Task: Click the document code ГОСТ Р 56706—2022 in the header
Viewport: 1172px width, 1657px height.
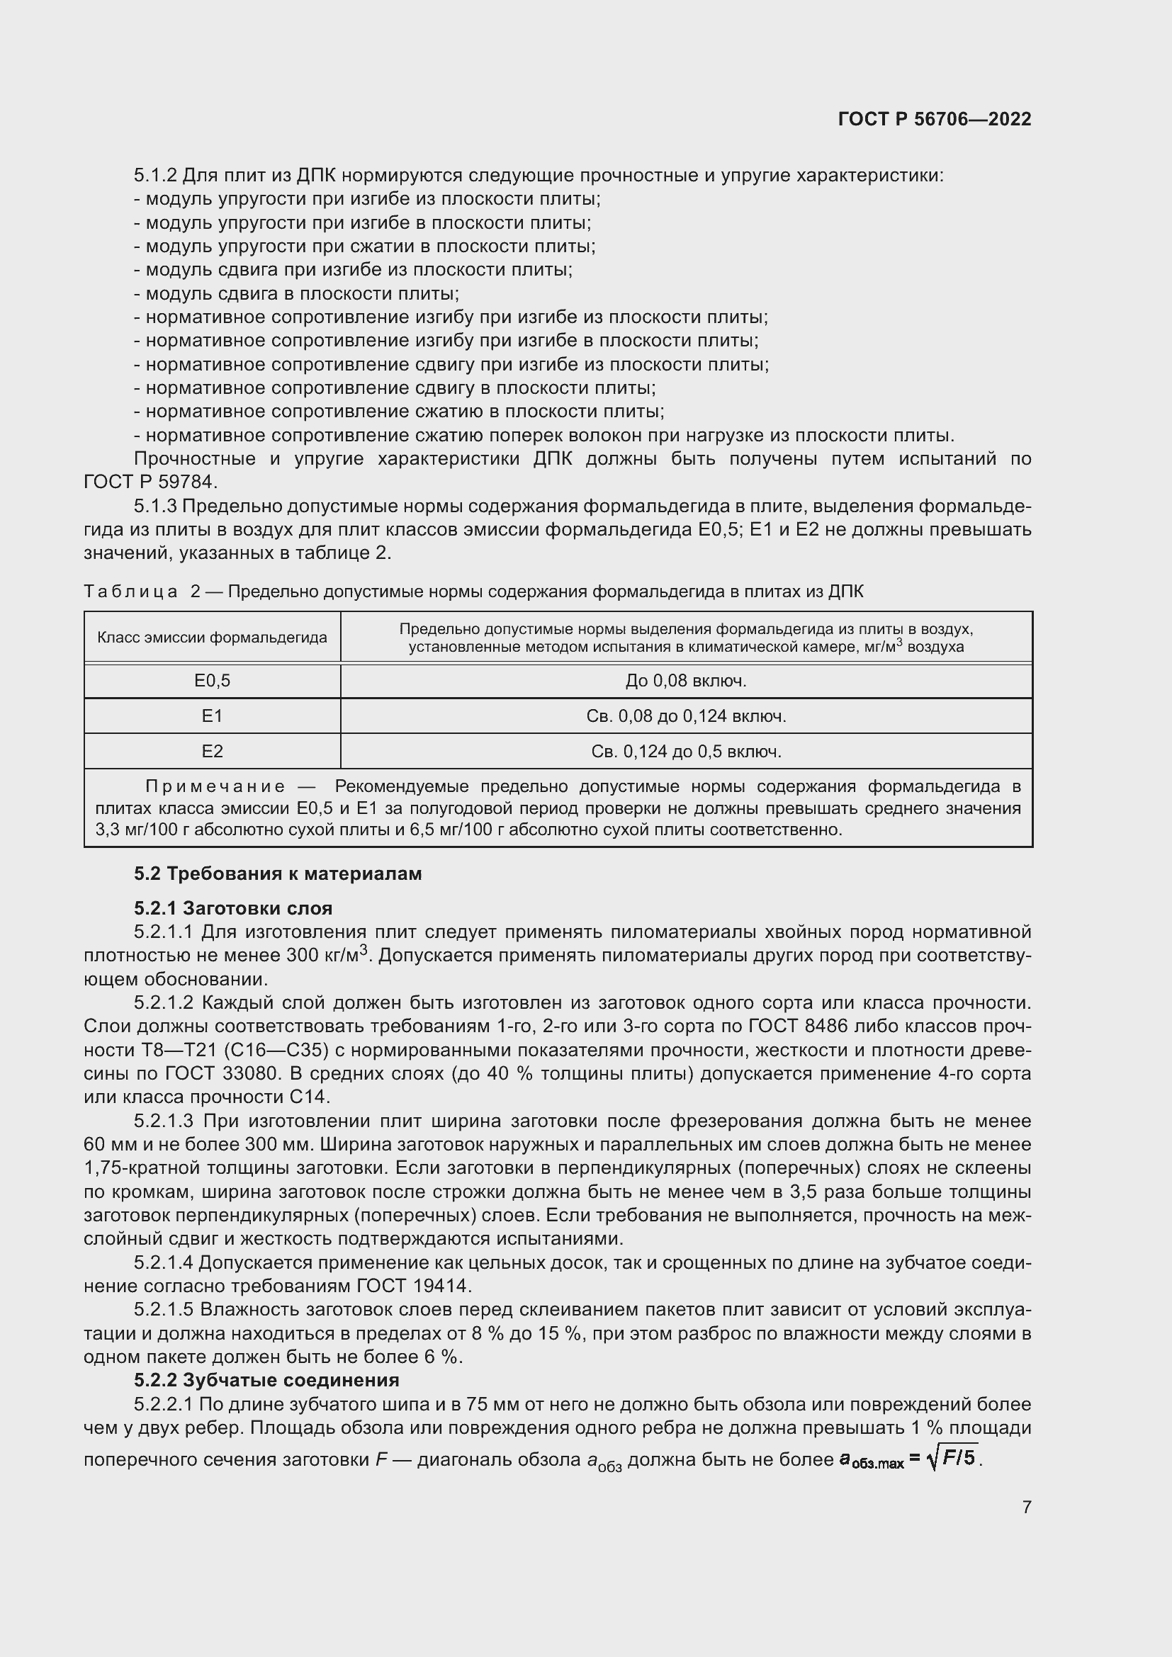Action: pyautogui.click(x=935, y=119)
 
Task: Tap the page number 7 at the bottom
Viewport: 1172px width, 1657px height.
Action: pyautogui.click(x=1026, y=1507)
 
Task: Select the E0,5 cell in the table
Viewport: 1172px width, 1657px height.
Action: pyautogui.click(x=212, y=681)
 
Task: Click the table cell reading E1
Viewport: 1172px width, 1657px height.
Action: pyautogui.click(x=212, y=716)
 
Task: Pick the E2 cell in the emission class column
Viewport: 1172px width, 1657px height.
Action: pyautogui.click(x=212, y=751)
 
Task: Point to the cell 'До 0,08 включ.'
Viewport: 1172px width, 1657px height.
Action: pyautogui.click(x=686, y=681)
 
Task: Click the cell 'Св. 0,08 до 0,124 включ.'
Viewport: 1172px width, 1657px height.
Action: pyautogui.click(x=686, y=716)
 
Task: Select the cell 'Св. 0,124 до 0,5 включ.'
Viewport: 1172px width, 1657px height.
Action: pyautogui.click(x=686, y=751)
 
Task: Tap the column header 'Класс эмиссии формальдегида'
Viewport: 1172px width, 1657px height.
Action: pyautogui.click(x=212, y=638)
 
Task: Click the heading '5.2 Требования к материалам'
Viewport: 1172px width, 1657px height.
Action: pyautogui.click(x=278, y=874)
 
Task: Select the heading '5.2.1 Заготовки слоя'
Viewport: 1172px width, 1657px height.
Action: pyautogui.click(x=233, y=908)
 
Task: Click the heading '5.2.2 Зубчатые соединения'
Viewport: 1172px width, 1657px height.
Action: pyautogui.click(x=266, y=1381)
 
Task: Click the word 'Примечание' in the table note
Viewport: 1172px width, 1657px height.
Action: pyautogui.click(x=215, y=786)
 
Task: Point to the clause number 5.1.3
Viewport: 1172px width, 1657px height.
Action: pyautogui.click(x=155, y=507)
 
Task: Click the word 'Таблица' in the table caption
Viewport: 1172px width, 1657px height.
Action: pyautogui.click(x=130, y=592)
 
